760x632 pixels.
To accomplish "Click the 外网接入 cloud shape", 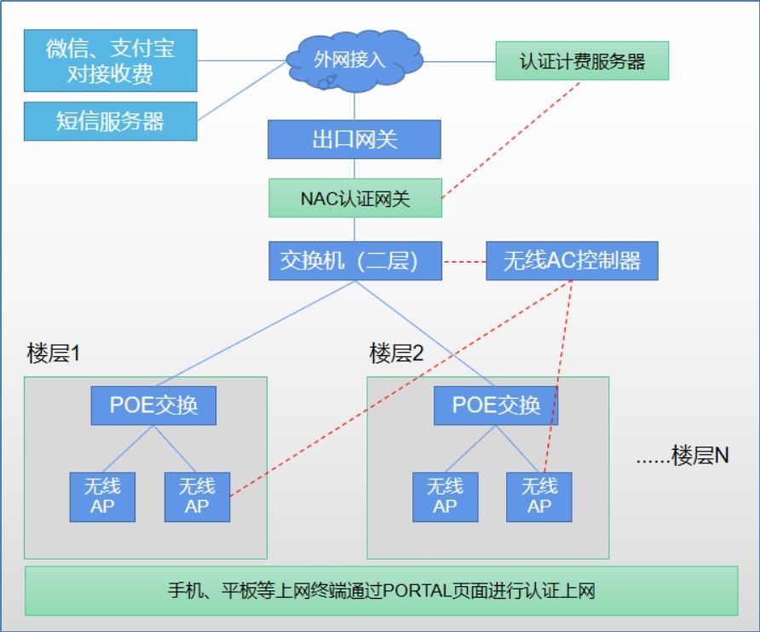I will pyautogui.click(x=354, y=59).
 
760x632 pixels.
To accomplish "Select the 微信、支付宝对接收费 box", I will pyautogui.click(x=111, y=60).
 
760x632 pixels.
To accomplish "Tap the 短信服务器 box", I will pyautogui.click(x=111, y=121).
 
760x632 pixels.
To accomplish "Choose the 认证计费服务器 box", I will pyautogui.click(x=582, y=61).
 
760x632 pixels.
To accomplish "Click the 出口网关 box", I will pyautogui.click(x=354, y=139).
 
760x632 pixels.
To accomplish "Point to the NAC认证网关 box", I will pyautogui.click(x=354, y=198).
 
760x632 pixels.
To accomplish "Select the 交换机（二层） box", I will pyautogui.click(x=354, y=260).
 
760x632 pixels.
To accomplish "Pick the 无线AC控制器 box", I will pyautogui.click(x=572, y=260).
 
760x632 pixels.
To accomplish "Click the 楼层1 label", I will pyautogui.click(x=53, y=353).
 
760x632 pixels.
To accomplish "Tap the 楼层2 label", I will pyautogui.click(x=396, y=353).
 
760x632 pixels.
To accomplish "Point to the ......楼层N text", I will pyautogui.click(x=682, y=456).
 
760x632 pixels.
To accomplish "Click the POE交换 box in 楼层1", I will pyautogui.click(x=153, y=405).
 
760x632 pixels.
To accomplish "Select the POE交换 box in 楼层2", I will pyautogui.click(x=496, y=405).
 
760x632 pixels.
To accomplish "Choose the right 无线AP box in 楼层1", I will pyautogui.click(x=197, y=497).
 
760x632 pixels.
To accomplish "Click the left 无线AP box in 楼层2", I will pyautogui.click(x=445, y=497).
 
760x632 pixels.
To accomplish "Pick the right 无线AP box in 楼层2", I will pyautogui.click(x=539, y=497).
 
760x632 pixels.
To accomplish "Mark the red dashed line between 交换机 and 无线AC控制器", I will pyautogui.click(x=463, y=261).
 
